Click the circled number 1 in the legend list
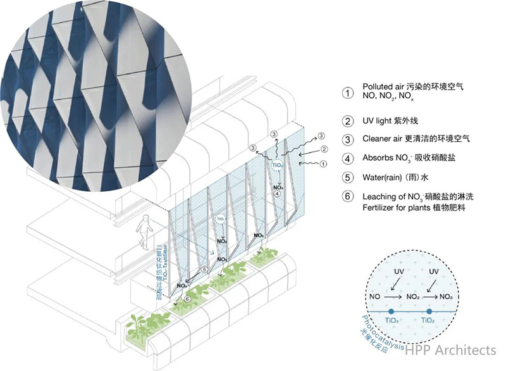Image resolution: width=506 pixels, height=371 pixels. pyautogui.click(x=347, y=92)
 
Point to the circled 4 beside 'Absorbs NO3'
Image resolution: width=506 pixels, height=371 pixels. pyautogui.click(x=347, y=158)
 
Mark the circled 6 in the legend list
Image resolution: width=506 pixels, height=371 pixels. pyautogui.click(x=347, y=196)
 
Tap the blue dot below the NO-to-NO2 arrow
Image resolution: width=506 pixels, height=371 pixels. pyautogui.click(x=392, y=311)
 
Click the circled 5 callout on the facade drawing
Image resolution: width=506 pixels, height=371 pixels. pyautogui.click(x=204, y=270)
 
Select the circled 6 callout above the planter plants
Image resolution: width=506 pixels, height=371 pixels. pyautogui.click(x=187, y=299)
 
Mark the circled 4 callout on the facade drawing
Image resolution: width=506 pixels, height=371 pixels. pyautogui.click(x=277, y=194)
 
